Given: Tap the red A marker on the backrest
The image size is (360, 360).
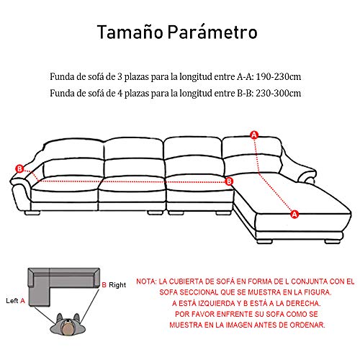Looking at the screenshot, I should coord(253,135).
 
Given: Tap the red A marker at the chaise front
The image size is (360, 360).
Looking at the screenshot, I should coord(294,213).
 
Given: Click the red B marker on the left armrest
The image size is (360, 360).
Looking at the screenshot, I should coord(19,168).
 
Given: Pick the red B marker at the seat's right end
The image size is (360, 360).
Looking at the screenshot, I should coord(229,181).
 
